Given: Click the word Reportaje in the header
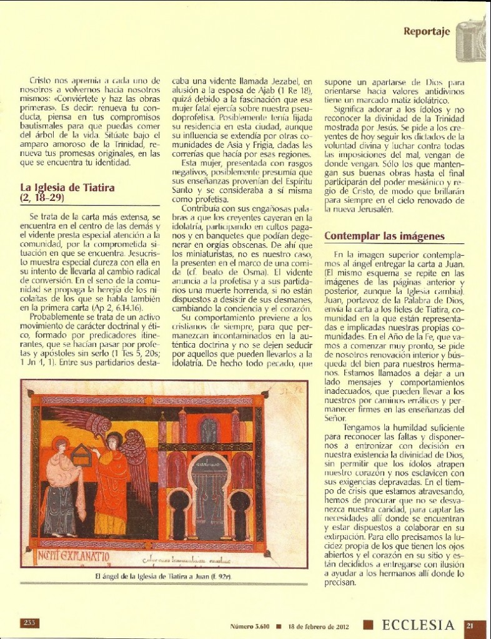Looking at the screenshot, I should click(427, 32).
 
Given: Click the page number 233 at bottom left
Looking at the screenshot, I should click(30, 622).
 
